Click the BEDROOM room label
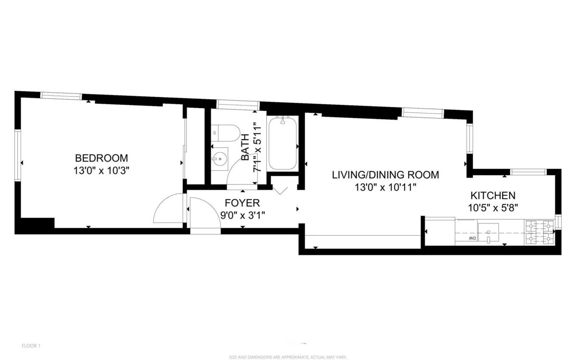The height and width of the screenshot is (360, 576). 101,158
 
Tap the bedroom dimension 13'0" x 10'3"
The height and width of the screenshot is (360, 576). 101,170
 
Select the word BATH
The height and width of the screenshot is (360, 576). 245,147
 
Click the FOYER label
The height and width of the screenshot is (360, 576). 240,203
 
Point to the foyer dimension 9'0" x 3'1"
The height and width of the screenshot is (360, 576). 242,215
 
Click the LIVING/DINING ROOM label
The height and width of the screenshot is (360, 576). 385,175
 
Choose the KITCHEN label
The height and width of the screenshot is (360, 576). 492,195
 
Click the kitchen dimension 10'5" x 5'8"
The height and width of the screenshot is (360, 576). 492,208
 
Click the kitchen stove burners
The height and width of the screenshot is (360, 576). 538,231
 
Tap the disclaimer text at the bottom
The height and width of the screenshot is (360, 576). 288,357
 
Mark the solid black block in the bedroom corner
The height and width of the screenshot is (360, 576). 36,225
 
